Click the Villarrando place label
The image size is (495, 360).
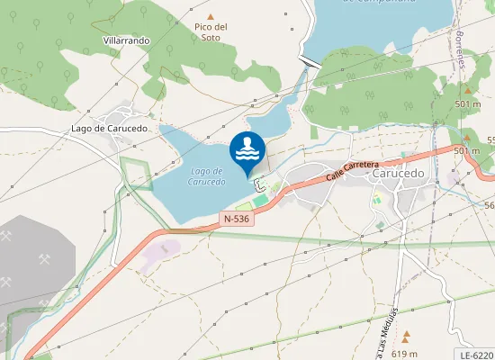click(x=126, y=41)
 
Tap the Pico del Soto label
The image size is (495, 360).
click(x=211, y=32)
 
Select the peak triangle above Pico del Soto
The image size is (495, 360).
click(x=211, y=17)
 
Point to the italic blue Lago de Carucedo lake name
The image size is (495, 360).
click(x=206, y=175)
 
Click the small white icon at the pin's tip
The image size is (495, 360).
click(x=259, y=186)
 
